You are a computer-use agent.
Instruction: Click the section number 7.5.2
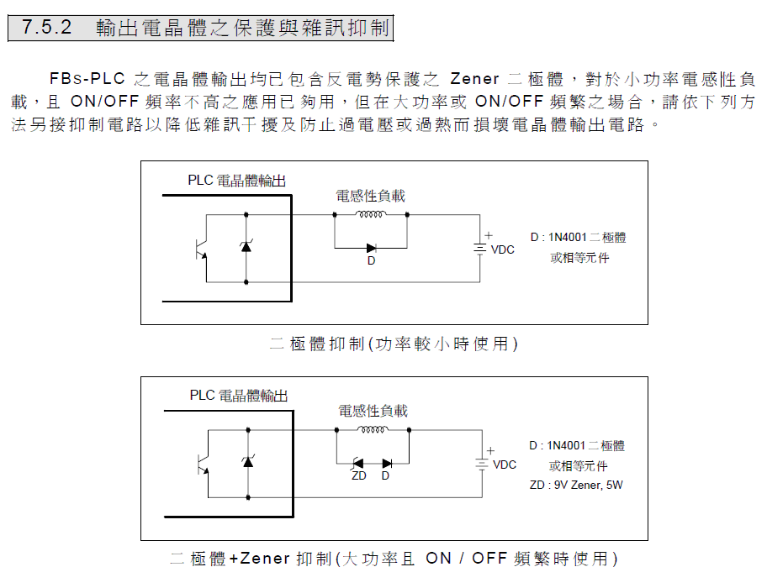coord(46,28)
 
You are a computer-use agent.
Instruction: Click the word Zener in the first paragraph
coord(474,79)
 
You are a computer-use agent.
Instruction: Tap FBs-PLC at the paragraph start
coord(87,79)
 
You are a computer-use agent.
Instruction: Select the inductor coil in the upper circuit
coord(371,214)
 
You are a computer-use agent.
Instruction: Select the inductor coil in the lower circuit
coord(373,430)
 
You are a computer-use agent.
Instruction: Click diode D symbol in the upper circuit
coord(371,248)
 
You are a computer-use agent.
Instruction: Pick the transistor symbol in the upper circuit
coord(201,249)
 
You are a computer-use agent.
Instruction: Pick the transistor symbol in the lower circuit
coord(203,464)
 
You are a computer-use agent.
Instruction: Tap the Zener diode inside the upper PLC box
coord(246,246)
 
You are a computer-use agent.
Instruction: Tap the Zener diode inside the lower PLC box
coord(248,461)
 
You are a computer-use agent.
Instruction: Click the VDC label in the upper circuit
coord(502,249)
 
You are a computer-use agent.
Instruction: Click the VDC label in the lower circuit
coord(505,465)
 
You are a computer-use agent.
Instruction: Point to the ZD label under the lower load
coord(358,475)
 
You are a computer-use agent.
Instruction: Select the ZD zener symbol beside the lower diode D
coord(358,463)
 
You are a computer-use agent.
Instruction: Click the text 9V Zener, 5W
coord(588,485)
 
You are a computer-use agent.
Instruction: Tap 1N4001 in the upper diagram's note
coord(568,238)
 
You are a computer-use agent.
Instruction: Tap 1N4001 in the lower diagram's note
coord(566,445)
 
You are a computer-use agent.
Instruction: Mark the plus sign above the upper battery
coord(489,235)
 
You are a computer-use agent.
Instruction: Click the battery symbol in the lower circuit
coord(482,464)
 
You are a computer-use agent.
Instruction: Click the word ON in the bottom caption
coord(438,559)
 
